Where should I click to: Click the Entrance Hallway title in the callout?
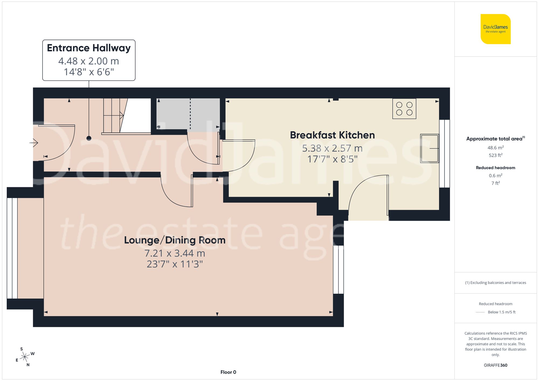click(x=89, y=48)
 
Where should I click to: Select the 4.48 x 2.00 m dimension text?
click(x=89, y=61)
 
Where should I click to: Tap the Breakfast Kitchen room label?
click(x=332, y=135)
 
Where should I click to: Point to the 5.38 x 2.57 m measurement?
click(x=332, y=148)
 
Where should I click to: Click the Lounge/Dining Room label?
click(x=175, y=240)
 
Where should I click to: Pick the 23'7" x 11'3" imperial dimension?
click(x=175, y=264)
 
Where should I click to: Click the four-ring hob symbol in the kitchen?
click(x=404, y=109)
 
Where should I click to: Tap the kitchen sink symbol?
click(x=429, y=148)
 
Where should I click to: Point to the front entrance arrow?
click(x=34, y=142)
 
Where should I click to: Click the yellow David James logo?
click(x=495, y=29)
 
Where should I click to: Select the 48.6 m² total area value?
click(x=495, y=148)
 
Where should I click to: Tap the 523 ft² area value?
click(x=495, y=155)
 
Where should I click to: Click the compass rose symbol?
click(x=25, y=357)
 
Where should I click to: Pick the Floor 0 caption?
click(x=228, y=372)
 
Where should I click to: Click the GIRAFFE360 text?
click(x=495, y=365)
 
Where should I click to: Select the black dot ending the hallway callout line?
click(x=89, y=138)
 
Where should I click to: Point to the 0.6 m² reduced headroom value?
click(x=495, y=176)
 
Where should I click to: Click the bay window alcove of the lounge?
click(x=30, y=248)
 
